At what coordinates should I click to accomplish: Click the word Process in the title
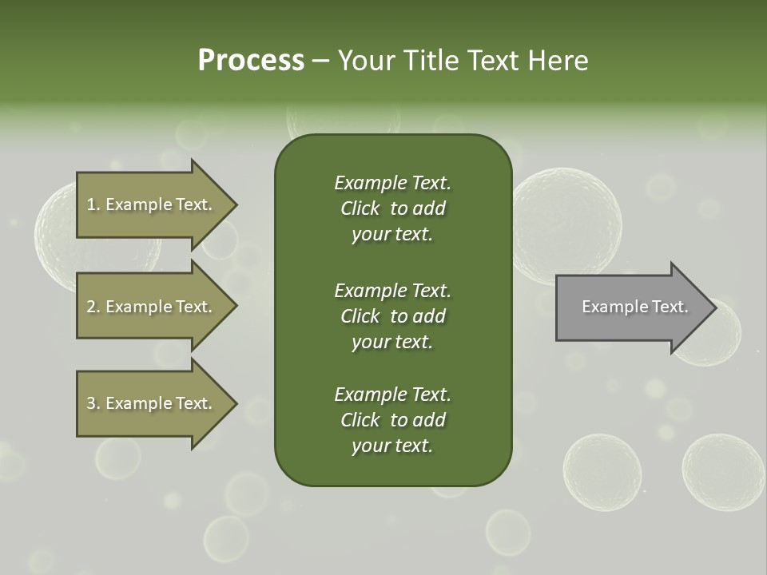tap(251, 61)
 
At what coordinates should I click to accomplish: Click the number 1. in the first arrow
tap(93, 204)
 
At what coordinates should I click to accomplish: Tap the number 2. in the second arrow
tap(93, 307)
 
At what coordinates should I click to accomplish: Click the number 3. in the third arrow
tap(93, 403)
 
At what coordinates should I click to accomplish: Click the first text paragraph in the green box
tap(392, 208)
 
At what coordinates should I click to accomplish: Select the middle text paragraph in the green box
tap(392, 316)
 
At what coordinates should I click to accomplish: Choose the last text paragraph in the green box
tap(392, 420)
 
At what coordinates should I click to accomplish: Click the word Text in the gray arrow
tap(670, 307)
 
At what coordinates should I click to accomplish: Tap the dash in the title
tap(320, 61)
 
